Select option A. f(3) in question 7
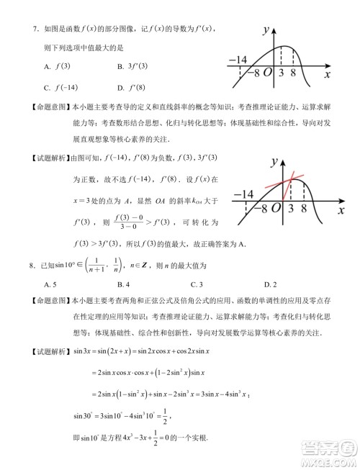58,67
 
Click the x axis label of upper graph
328,73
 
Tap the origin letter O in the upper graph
266,73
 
